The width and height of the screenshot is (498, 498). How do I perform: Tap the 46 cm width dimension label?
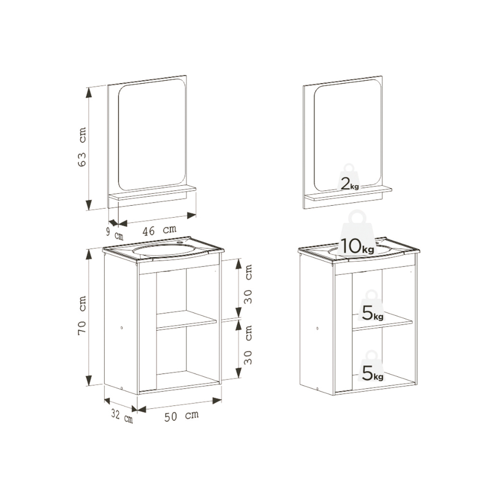(x=159, y=230)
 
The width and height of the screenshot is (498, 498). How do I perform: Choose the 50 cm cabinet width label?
(x=181, y=416)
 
